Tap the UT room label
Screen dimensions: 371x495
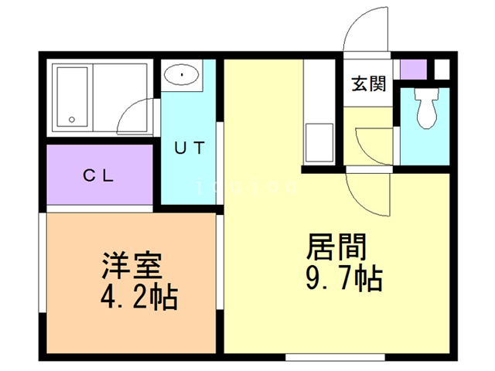click(189, 148)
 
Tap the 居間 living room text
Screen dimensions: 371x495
click(336, 249)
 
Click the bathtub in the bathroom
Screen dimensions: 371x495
click(73, 97)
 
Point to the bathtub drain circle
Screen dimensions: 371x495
click(72, 120)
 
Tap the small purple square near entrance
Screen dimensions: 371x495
click(414, 68)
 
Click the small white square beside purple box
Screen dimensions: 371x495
click(442, 68)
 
